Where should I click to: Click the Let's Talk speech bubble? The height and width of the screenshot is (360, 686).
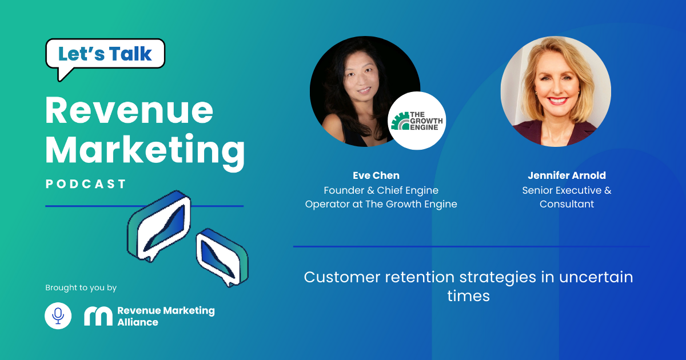point(105,54)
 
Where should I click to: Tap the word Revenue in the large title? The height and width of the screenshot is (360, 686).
point(129,110)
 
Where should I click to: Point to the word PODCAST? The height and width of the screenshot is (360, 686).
point(86,184)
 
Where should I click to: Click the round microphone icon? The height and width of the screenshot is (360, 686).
point(58,315)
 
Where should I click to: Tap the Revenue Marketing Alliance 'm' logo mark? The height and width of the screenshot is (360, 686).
point(98,316)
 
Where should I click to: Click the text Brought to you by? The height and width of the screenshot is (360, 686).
point(81,288)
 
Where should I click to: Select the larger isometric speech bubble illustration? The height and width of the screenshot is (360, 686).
point(159,226)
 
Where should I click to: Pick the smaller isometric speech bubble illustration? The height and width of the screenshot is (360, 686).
point(222,258)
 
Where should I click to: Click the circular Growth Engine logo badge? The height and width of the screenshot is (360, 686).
point(417,121)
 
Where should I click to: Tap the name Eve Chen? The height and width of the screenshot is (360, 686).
point(376,175)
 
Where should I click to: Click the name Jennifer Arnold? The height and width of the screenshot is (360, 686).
point(567,175)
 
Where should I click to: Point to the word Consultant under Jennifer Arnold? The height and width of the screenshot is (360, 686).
point(567,204)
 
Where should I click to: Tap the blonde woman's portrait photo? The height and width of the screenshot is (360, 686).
point(556,91)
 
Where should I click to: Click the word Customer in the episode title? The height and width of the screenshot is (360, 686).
point(342,277)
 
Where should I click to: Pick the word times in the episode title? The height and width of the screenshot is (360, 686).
point(469,296)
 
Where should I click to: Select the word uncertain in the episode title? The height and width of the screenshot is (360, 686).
point(596,277)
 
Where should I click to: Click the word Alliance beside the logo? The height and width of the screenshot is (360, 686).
point(138,322)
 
